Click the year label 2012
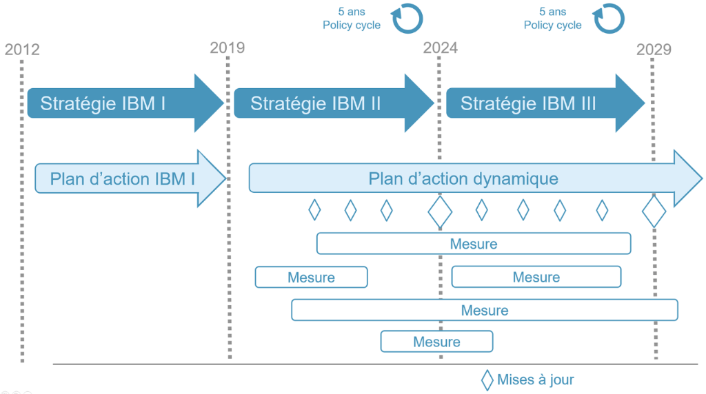pos(22,50)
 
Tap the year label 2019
pos(227,48)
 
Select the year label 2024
pos(440,48)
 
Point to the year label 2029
pos(654,50)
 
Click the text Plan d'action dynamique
pos(463,179)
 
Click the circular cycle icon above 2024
pos(407,19)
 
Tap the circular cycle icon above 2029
pos(609,19)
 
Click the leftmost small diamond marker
pos(314,209)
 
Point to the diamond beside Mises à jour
pos(487,380)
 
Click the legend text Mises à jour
pos(535,380)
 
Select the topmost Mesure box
pos(474,244)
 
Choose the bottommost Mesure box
pos(436,342)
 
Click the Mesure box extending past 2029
pos(485,310)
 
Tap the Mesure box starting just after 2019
pos(311,277)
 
